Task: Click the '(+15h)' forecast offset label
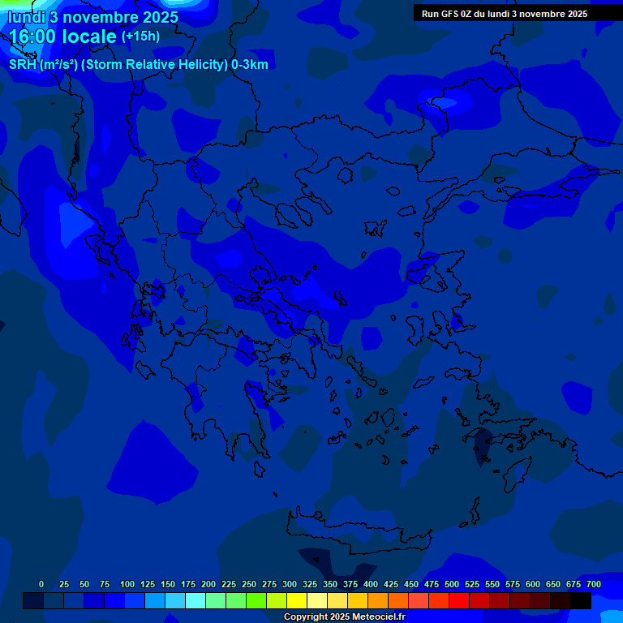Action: tap(140, 37)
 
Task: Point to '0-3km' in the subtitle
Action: tap(249, 65)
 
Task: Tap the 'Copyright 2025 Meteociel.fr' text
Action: tap(344, 617)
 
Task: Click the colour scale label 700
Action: tap(594, 584)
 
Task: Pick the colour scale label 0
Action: tap(41, 584)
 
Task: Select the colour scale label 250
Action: tap(249, 584)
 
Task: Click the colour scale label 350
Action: tap(330, 584)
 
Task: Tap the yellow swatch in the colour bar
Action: tap(297, 601)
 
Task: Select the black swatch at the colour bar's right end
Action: tap(581, 601)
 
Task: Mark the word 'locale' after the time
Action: tap(86, 37)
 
